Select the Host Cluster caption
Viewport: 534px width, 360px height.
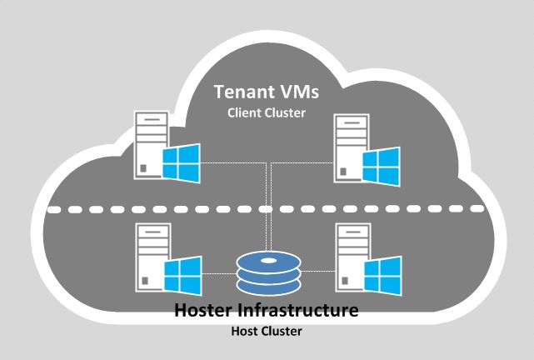(x=267, y=331)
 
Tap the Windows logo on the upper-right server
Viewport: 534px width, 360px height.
(x=382, y=162)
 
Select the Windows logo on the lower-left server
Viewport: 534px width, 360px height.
(x=182, y=272)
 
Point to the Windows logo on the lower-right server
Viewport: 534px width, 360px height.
(x=382, y=272)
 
